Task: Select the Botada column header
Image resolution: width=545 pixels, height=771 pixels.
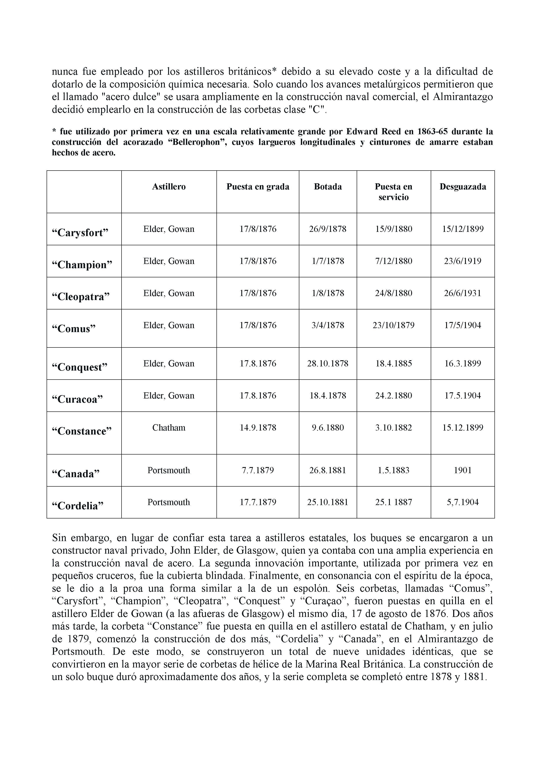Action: (328, 187)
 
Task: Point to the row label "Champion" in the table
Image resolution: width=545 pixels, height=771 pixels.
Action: (82, 265)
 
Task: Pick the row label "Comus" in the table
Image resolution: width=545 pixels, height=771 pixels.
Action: (74, 328)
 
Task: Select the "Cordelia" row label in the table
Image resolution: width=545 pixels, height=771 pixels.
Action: (78, 505)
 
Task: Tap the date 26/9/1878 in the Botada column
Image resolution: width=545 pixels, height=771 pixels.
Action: (328, 229)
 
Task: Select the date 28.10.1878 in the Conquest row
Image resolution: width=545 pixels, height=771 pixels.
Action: (328, 363)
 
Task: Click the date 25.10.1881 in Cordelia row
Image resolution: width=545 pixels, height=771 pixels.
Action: (328, 502)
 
